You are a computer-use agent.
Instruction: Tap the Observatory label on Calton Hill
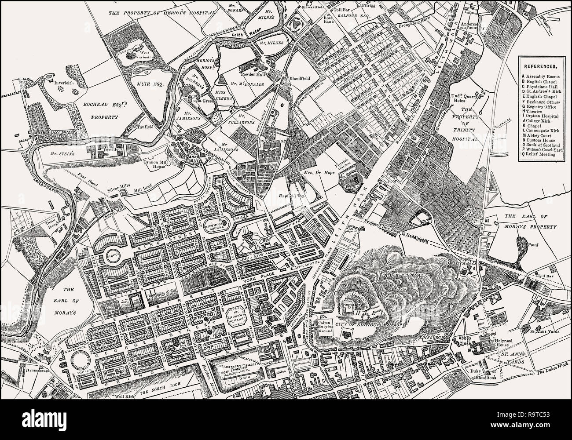(348, 304)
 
